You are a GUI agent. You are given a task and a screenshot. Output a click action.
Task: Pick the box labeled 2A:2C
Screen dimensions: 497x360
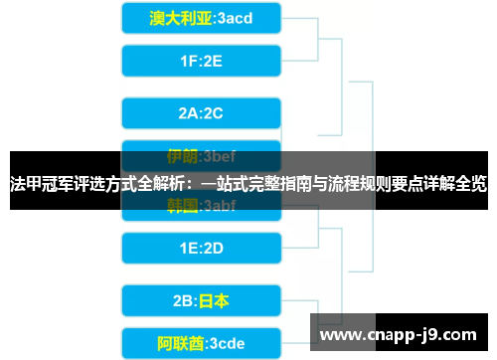(202, 112)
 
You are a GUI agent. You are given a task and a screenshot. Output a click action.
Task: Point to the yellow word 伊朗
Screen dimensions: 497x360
(182, 155)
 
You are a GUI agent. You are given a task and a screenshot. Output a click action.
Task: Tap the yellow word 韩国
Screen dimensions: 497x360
(182, 206)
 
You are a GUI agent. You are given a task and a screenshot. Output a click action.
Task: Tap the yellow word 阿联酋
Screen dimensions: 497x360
(179, 343)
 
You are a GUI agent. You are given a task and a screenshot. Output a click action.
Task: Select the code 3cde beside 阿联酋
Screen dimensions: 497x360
(225, 343)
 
